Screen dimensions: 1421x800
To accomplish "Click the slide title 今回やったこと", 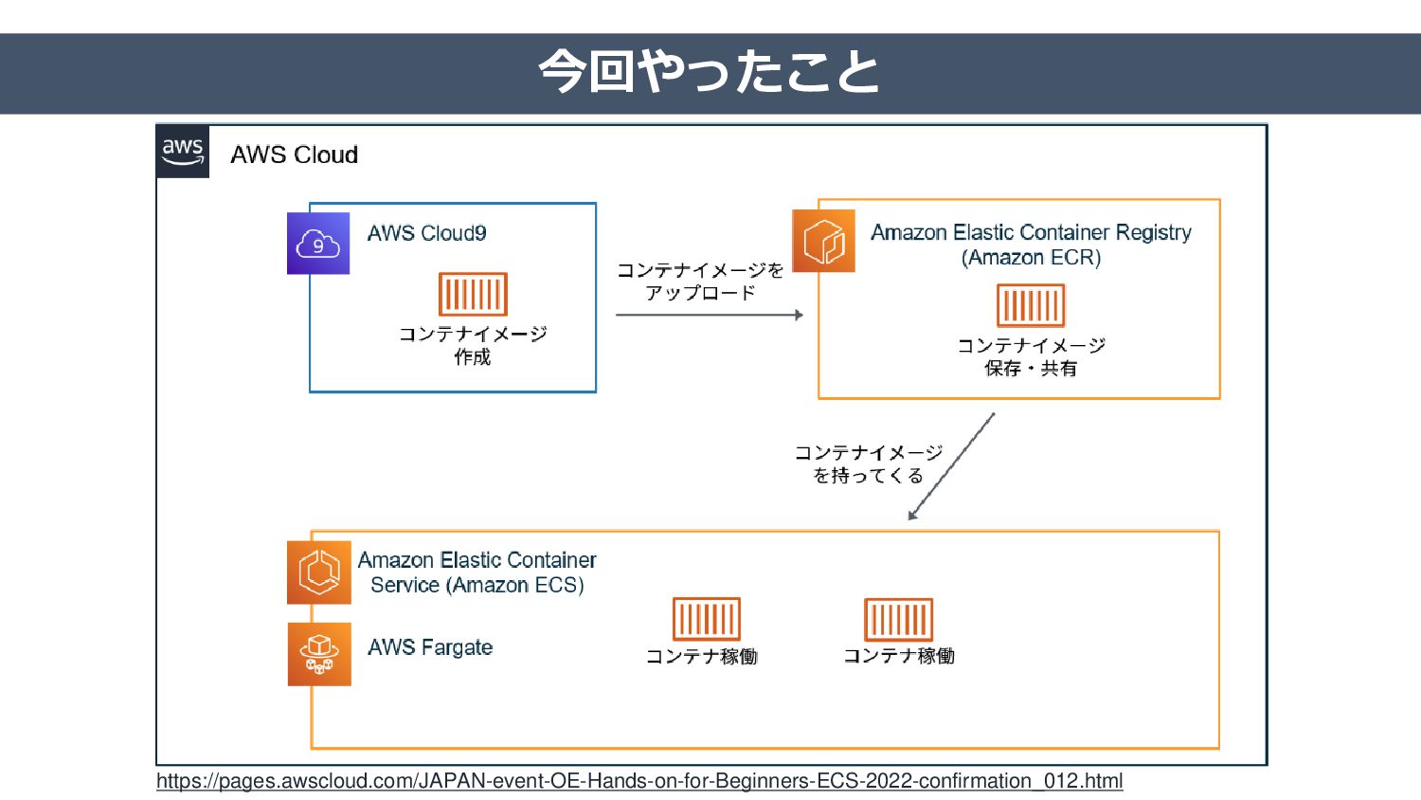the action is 709,72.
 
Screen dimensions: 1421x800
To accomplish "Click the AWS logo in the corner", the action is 183,151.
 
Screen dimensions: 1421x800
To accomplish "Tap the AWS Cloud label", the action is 295,155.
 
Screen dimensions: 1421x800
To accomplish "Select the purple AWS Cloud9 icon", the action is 317,244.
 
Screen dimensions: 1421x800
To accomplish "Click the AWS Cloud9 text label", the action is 427,233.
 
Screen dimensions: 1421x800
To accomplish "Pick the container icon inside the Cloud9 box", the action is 474,294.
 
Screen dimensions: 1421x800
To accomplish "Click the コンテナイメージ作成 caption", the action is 474,345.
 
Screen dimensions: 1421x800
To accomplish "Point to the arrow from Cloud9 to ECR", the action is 710,315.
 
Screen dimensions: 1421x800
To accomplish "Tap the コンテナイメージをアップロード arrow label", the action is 700,282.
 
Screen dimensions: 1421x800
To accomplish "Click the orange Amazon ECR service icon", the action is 823,241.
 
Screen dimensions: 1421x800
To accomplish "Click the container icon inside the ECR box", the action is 1031,305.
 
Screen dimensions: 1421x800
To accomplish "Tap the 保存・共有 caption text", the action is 1031,369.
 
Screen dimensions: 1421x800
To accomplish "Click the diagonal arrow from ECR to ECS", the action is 951,466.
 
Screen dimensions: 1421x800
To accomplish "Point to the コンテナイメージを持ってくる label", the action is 869,464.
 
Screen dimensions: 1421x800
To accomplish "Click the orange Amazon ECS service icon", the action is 318,573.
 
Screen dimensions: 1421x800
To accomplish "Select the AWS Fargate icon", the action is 319,654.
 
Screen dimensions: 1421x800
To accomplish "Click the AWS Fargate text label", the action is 430,647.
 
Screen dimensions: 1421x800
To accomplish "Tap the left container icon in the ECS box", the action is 706,619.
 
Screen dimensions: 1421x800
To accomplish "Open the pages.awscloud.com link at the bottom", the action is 639,780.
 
